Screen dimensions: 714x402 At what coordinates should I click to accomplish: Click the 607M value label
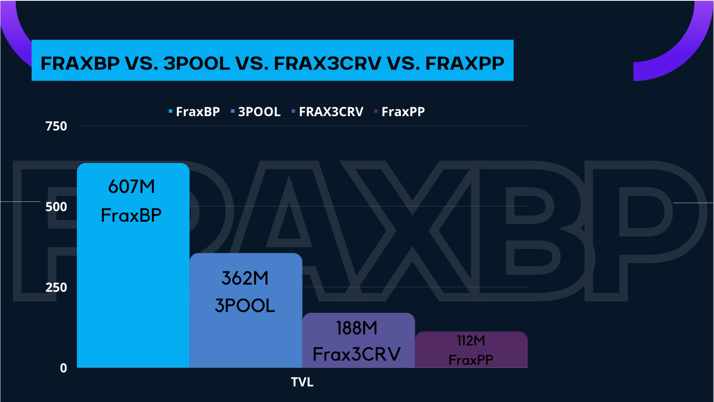[131, 186]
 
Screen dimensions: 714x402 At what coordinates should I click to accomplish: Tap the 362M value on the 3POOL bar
[245, 278]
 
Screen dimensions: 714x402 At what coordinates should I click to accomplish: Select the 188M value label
[357, 328]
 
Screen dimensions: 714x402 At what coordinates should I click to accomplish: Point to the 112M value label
[471, 341]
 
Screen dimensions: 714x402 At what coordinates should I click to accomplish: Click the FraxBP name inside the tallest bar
[131, 215]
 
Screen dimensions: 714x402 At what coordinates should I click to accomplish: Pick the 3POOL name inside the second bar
[245, 305]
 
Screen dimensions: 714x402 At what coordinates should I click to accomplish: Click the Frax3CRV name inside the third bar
[357, 354]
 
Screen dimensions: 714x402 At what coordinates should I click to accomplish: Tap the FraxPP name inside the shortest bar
[471, 360]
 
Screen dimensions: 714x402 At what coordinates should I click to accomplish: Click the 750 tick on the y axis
[56, 126]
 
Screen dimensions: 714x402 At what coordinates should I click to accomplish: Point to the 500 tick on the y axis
[56, 207]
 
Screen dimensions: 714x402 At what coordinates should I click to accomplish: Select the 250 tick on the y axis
[56, 288]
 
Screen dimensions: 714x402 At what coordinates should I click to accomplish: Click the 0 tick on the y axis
[63, 368]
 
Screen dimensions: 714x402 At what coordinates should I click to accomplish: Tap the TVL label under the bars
[302, 382]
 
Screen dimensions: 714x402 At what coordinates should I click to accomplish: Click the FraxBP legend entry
[195, 111]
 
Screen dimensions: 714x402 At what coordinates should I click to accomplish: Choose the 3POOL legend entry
[256, 111]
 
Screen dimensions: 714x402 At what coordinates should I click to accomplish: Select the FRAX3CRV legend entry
[328, 111]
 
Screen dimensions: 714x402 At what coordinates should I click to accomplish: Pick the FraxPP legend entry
[400, 111]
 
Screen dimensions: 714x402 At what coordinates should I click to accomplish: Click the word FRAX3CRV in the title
[328, 63]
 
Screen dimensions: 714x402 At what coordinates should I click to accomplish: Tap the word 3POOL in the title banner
[197, 63]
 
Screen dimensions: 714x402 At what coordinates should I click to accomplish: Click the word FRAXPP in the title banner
[465, 63]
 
